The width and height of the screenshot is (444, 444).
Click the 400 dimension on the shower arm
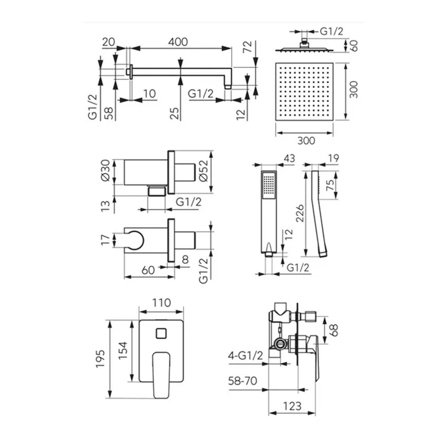178,42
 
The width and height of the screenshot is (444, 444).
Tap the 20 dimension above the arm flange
108,42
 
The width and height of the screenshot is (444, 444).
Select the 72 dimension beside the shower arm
247,47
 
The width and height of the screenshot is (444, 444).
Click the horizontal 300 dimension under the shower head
306,140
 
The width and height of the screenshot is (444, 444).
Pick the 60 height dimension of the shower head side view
354,46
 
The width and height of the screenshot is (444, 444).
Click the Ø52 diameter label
203,171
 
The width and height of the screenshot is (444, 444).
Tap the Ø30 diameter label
105,170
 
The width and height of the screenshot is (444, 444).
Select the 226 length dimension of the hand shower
300,213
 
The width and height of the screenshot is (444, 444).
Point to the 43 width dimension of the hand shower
289,158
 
